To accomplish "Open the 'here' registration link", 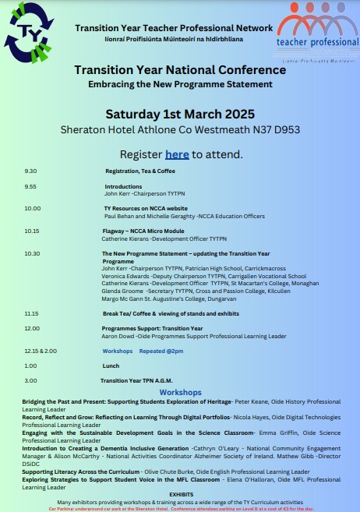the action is coord(177,154).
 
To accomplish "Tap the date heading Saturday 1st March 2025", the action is coord(180,115).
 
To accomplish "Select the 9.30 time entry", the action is coord(30,171).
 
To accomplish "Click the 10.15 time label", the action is coord(32,231).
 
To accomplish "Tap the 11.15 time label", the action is coord(32,312).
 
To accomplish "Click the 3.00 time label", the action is coord(30,380).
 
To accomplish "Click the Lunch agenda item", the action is coord(111,365).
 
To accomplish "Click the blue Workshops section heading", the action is coord(180,392).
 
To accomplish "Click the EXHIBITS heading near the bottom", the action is coord(181,494).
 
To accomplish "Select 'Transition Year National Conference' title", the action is coord(180,70).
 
